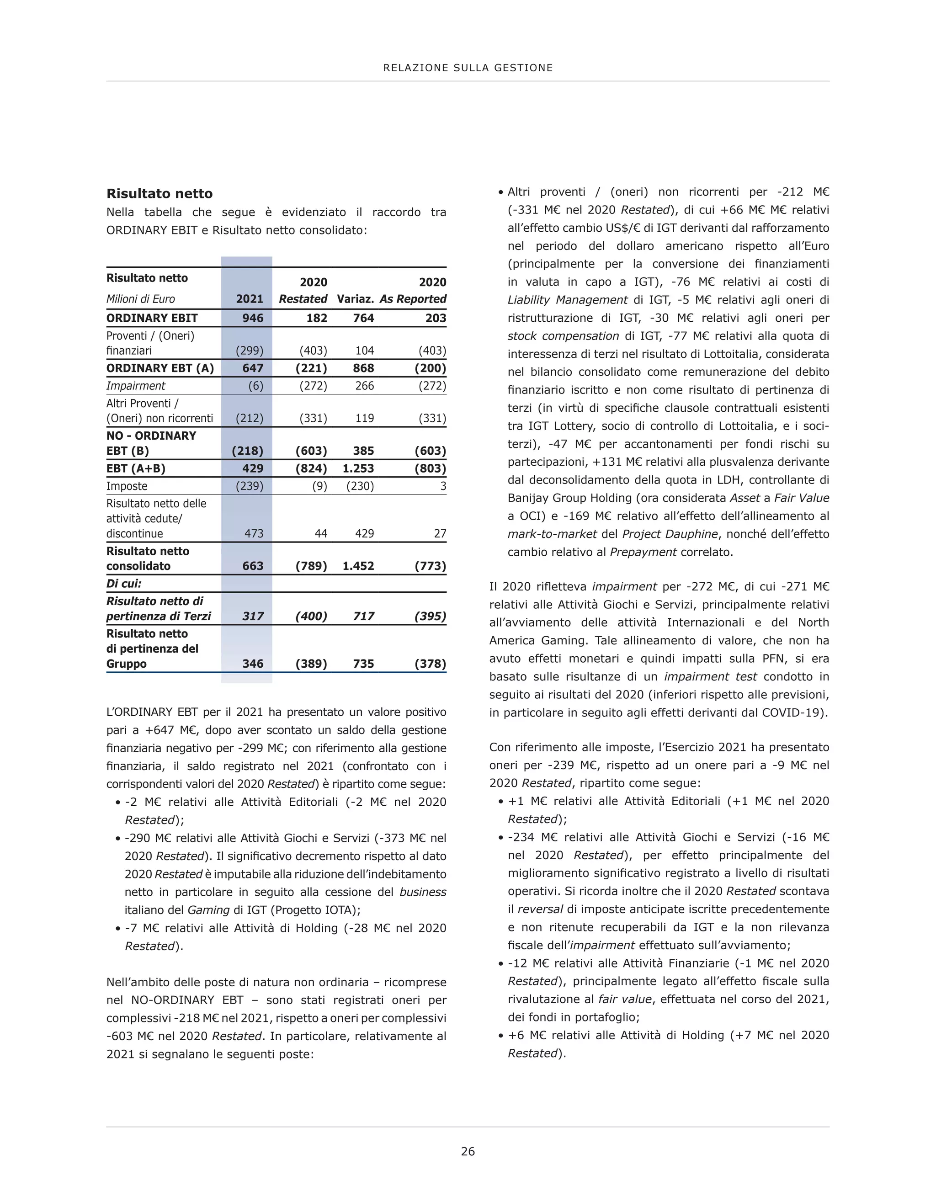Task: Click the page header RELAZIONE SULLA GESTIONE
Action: (468, 68)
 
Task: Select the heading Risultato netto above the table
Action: (160, 193)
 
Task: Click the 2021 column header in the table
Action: (250, 299)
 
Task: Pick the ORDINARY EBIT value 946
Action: (253, 318)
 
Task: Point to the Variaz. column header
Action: (355, 299)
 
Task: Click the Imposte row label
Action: (127, 486)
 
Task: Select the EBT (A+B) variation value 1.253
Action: (358, 468)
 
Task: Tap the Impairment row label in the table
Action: (135, 386)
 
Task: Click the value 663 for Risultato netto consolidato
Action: (253, 566)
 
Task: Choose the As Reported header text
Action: (413, 299)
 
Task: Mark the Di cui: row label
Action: (124, 584)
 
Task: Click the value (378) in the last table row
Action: (430, 664)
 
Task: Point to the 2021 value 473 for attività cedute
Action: (254, 533)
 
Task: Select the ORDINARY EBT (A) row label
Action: (160, 368)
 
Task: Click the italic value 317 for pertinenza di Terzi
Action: (253, 616)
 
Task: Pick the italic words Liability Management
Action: (567, 300)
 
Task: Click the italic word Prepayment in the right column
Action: (643, 552)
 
